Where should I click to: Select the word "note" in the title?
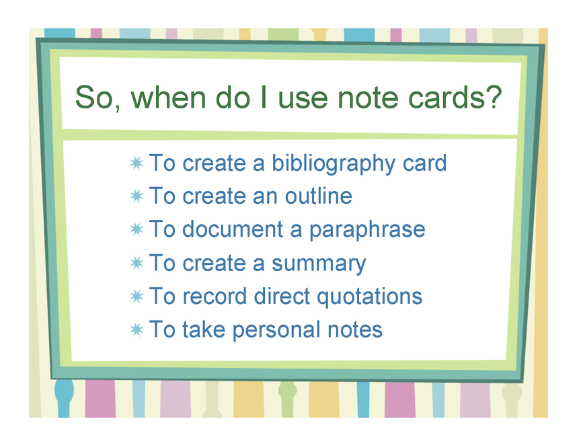pyautogui.click(x=368, y=98)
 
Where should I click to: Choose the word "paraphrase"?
pyautogui.click(x=367, y=230)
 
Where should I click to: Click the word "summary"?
pyautogui.click(x=319, y=264)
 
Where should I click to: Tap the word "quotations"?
pyautogui.click(x=369, y=297)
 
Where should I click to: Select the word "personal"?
pyautogui.click(x=276, y=330)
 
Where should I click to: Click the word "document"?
pyautogui.click(x=233, y=229)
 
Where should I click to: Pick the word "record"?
pyautogui.click(x=214, y=296)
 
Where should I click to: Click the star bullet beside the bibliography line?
pyautogui.click(x=137, y=163)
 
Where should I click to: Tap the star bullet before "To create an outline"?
pyautogui.click(x=137, y=196)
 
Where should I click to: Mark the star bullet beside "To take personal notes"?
pyautogui.click(x=137, y=330)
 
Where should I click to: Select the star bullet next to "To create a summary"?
pyautogui.click(x=137, y=263)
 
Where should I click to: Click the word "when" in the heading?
pyautogui.click(x=168, y=98)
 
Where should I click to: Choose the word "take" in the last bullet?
pyautogui.click(x=204, y=330)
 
